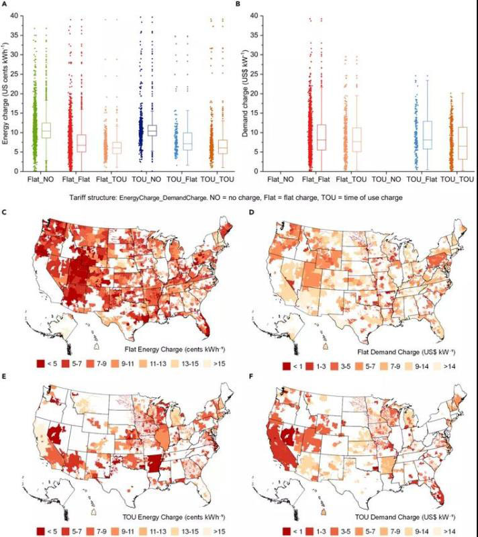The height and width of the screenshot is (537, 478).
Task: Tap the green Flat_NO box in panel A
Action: [x=46, y=130]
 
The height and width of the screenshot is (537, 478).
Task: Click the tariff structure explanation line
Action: [x=236, y=198]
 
